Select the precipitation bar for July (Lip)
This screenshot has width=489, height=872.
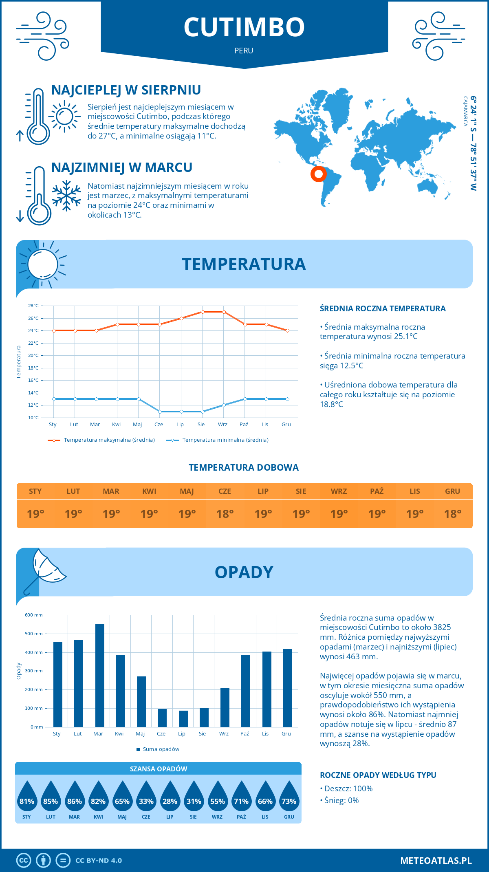pyautogui.click(x=183, y=719)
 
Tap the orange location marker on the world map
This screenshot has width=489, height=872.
pyautogui.click(x=318, y=174)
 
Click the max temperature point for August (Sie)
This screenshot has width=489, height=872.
pyautogui.click(x=203, y=312)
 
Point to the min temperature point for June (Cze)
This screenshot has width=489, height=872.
pyautogui.click(x=160, y=412)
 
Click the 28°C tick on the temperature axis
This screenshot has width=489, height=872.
pyautogui.click(x=33, y=306)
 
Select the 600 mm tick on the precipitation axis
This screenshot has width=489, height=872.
pyautogui.click(x=34, y=615)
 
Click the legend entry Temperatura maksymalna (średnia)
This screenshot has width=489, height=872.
pyautogui.click(x=109, y=440)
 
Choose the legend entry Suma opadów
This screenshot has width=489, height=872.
pyautogui.click(x=161, y=749)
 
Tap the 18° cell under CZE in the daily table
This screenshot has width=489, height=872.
pyautogui.click(x=225, y=514)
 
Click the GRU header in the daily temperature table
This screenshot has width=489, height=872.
pyautogui.click(x=452, y=491)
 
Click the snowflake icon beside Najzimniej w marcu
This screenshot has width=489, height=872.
pyautogui.click(x=66, y=196)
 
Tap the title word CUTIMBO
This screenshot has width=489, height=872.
pyautogui.click(x=244, y=27)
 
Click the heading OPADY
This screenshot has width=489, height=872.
pyautogui.click(x=244, y=572)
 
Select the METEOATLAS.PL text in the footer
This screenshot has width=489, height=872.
pyautogui.click(x=436, y=861)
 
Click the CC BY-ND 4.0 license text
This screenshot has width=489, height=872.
pyautogui.click(x=99, y=861)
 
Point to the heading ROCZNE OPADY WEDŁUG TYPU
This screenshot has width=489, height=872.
pyautogui.click(x=378, y=775)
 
